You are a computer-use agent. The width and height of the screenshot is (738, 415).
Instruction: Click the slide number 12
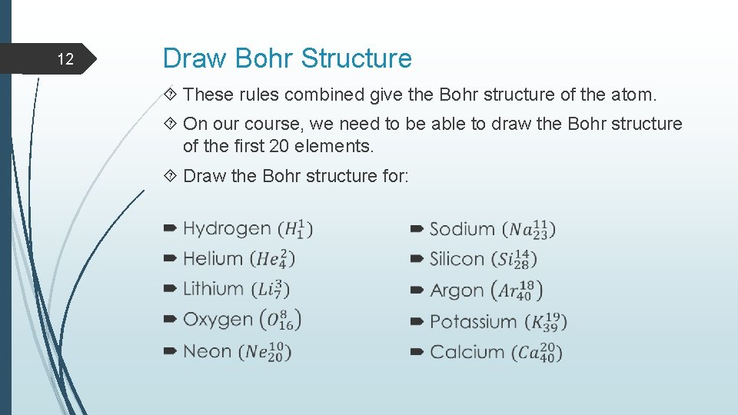(x=66, y=59)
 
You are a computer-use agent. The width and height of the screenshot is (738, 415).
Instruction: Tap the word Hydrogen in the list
(x=227, y=228)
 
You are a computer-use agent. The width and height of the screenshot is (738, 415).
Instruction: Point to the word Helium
(x=213, y=258)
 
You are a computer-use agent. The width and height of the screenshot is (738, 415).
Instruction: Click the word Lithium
(x=213, y=288)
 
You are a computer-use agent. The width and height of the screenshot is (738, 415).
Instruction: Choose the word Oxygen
(x=218, y=320)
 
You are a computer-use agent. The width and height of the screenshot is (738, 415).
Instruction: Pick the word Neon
(x=207, y=351)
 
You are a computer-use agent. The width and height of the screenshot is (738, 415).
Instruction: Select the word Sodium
(x=462, y=229)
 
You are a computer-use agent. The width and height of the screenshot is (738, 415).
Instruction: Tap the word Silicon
(x=457, y=259)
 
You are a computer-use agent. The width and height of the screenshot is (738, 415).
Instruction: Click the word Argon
(x=457, y=290)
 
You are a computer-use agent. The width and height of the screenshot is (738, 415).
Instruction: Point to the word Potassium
(x=473, y=321)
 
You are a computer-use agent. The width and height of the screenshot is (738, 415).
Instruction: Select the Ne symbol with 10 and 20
(x=265, y=352)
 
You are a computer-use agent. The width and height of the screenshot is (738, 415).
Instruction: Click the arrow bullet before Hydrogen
(x=170, y=228)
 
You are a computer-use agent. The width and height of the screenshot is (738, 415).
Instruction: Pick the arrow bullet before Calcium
(x=417, y=352)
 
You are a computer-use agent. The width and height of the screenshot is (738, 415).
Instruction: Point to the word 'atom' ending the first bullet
(x=634, y=95)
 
